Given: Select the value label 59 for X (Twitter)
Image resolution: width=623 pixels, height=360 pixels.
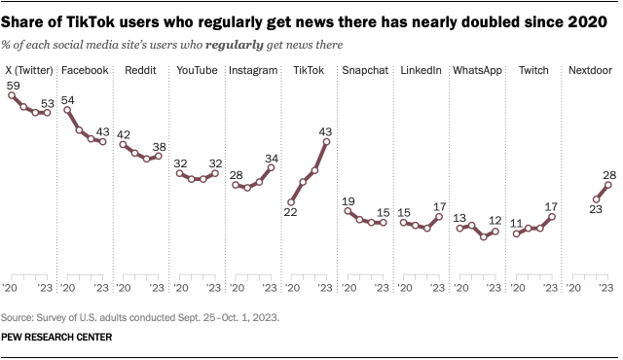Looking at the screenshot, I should (x=14, y=86).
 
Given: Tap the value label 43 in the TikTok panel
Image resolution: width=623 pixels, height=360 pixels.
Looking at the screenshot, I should (x=327, y=130).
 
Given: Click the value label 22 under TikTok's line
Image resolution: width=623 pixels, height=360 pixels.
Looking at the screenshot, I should (x=289, y=213).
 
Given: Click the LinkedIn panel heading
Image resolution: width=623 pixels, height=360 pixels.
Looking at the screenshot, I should (x=421, y=71).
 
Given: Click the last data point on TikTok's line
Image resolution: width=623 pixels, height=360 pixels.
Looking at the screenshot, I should (x=327, y=142).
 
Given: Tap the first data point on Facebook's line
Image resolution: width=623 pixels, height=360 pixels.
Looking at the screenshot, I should (x=68, y=110).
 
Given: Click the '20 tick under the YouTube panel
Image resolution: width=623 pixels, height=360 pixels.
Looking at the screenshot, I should (x=178, y=289).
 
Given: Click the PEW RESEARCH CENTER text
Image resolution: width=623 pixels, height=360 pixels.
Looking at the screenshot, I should (x=57, y=339).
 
